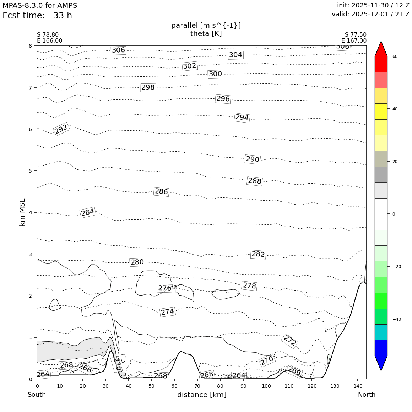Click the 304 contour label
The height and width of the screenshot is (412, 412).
pyautogui.click(x=235, y=55)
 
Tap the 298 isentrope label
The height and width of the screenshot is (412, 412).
pyautogui.click(x=148, y=87)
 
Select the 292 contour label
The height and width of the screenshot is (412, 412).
pyautogui.click(x=61, y=129)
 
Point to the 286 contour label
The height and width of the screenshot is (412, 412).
pyautogui.click(x=161, y=191)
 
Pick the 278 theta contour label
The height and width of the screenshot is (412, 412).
pyautogui.click(x=249, y=286)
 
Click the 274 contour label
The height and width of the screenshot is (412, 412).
pyautogui.click(x=167, y=312)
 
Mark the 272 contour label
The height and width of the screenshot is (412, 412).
pyautogui.click(x=290, y=341)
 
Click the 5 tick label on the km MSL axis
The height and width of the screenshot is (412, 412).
pyautogui.click(x=30, y=171)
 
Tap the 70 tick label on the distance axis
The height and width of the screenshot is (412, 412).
pyautogui.click(x=197, y=386)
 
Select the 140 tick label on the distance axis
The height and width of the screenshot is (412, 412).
pyautogui.click(x=357, y=386)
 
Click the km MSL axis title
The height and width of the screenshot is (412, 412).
pyautogui.click(x=22, y=212)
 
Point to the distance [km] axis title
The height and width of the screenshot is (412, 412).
pyautogui.click(x=202, y=395)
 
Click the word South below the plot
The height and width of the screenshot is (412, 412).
pyautogui.click(x=37, y=395)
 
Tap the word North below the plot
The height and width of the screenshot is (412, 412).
pyautogui.click(x=367, y=395)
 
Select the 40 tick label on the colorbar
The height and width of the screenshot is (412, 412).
pyautogui.click(x=395, y=109)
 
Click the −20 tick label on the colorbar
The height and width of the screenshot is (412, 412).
pyautogui.click(x=396, y=267)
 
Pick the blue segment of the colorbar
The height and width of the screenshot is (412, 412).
pyautogui.click(x=381, y=348)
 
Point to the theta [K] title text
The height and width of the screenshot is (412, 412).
pyautogui.click(x=206, y=33)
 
